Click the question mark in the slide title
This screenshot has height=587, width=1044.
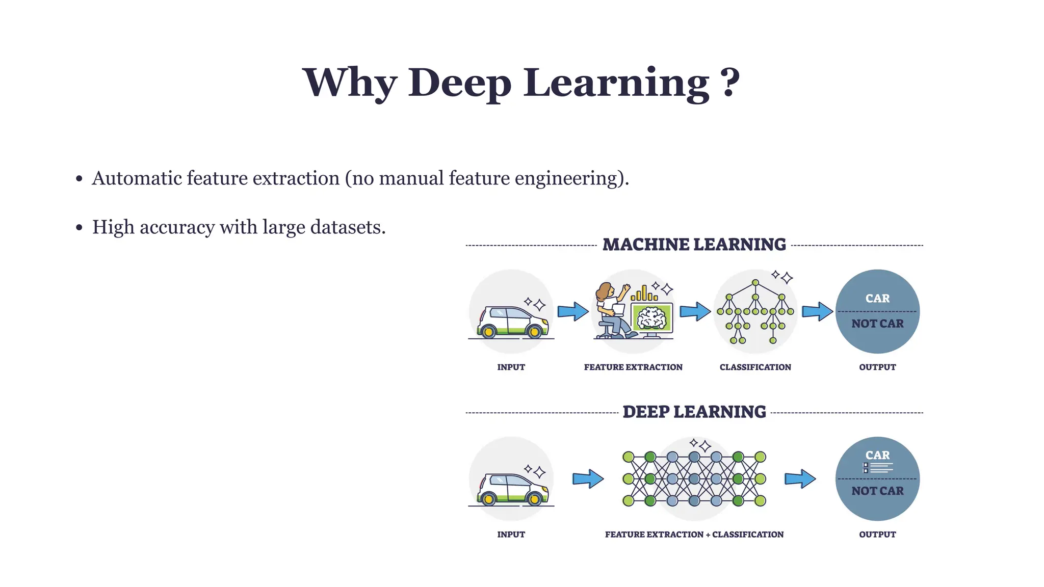(730, 82)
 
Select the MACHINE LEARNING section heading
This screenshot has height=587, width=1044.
(694, 245)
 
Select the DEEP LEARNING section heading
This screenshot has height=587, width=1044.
(694, 412)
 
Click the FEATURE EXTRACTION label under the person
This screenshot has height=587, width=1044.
(633, 367)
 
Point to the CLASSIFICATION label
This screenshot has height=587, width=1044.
(755, 367)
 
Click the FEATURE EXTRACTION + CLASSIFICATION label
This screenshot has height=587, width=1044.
(694, 534)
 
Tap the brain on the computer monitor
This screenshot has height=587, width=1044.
(652, 318)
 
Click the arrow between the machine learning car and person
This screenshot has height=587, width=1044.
(573, 311)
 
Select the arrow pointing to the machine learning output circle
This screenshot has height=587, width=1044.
(817, 311)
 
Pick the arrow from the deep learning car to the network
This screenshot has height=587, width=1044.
(588, 478)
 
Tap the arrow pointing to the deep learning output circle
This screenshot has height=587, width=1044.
(800, 478)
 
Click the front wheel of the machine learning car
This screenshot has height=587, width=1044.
(534, 332)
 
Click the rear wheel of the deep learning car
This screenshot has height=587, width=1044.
(488, 499)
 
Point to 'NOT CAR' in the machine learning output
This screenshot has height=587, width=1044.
(877, 324)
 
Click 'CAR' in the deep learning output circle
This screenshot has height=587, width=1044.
(877, 455)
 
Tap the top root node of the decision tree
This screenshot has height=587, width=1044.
(755, 282)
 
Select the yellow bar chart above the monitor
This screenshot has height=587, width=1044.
(644, 294)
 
